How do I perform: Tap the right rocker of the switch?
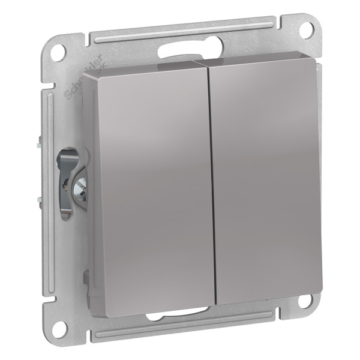click(267, 174)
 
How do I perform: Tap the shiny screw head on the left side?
click(78, 190)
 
